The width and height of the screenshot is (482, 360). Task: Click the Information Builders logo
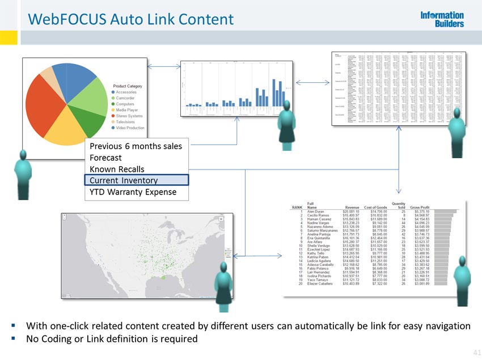point(442,19)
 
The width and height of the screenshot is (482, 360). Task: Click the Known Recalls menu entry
point(117,169)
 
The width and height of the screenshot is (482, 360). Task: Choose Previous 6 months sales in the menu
point(136,146)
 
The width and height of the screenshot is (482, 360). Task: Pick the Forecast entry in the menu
point(105,158)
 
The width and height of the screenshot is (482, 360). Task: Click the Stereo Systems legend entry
point(129,116)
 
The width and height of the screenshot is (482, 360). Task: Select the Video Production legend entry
point(130,128)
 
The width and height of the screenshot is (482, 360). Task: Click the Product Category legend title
point(128,86)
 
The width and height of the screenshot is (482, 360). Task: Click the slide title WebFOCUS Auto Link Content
point(130,20)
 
